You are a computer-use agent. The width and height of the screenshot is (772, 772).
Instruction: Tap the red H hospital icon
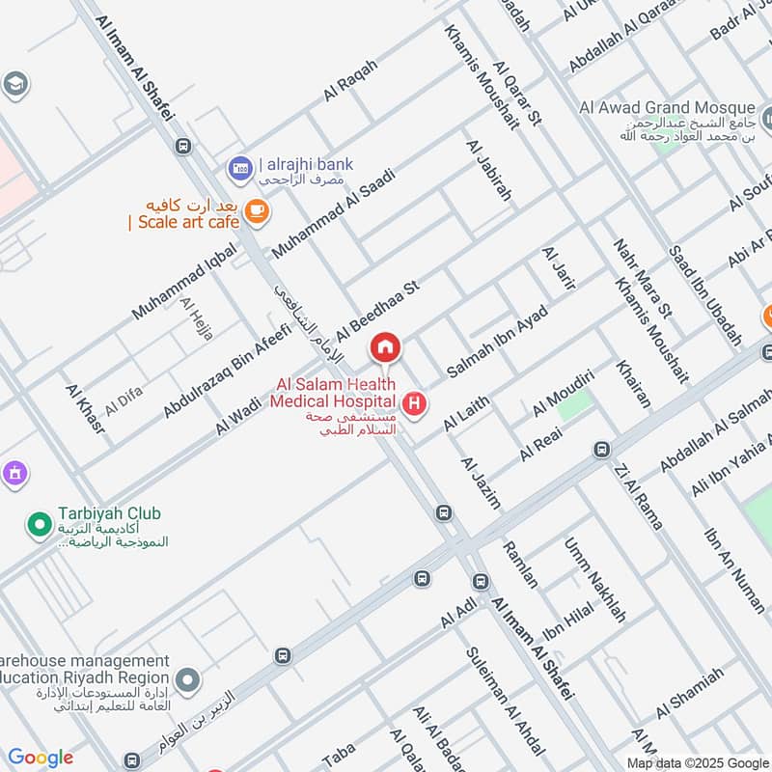point(415,403)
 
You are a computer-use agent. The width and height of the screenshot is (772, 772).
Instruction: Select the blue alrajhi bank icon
point(239,169)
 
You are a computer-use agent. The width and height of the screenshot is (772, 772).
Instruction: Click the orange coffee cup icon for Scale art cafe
point(256,208)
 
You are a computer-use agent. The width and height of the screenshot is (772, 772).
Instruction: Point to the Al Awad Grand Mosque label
point(681,106)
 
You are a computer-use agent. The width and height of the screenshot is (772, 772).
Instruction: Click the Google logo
point(40,758)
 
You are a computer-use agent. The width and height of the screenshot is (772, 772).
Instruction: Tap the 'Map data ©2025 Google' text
point(698,762)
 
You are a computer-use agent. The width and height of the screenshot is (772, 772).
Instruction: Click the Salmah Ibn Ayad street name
point(498,341)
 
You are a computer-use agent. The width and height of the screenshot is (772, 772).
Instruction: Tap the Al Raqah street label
point(350,80)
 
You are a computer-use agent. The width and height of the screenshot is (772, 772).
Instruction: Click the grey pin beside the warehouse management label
point(187,681)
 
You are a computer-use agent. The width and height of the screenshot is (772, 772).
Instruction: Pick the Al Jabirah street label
point(488,171)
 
